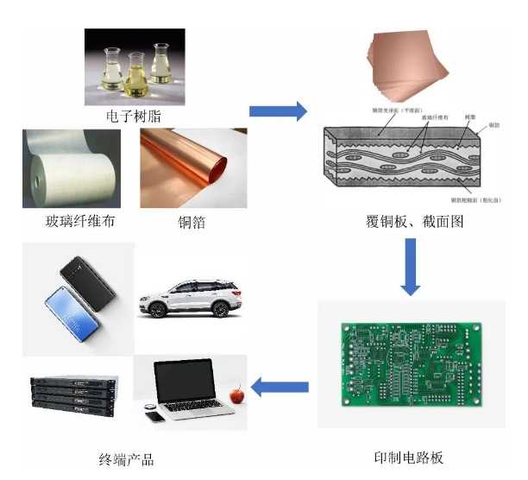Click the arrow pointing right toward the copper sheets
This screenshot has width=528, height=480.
pos(278,111)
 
